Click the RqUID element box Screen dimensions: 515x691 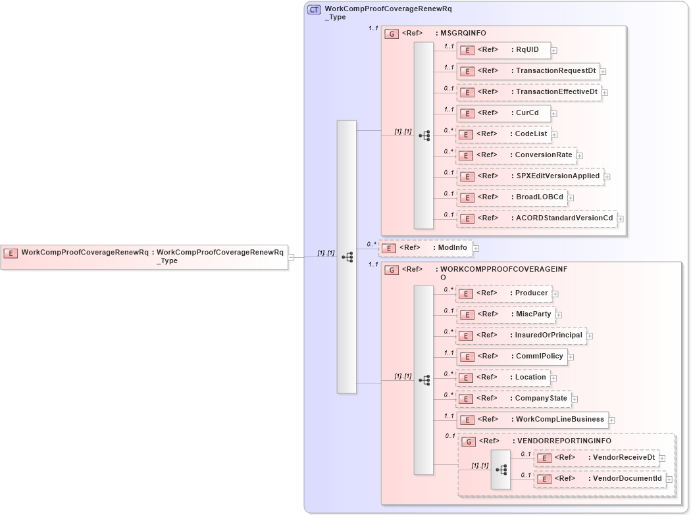pyautogui.click(x=503, y=50)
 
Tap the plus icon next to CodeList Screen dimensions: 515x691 pyautogui.click(x=554, y=135)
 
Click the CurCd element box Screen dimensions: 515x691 pyautogui.click(x=503, y=113)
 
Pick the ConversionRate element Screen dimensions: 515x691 pyautogui.click(x=517, y=155)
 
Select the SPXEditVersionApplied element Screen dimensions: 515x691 pyautogui.click(x=530, y=176)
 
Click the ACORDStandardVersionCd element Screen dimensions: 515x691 pyautogui.click(x=537, y=218)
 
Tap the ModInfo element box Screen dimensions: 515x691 pyautogui.click(x=426, y=248)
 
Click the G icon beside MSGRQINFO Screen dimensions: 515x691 pyautogui.click(x=392, y=34)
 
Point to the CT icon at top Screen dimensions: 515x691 pyautogui.click(x=315, y=10)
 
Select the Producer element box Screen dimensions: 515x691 pyautogui.click(x=503, y=293)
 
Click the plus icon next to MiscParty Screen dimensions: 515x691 pyautogui.click(x=559, y=315)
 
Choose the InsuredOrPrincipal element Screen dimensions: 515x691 pyautogui.click(x=521, y=335)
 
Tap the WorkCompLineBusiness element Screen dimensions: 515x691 pyautogui.click(x=532, y=420)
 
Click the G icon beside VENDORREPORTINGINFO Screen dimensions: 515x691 pyautogui.click(x=468, y=442)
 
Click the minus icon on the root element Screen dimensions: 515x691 pyautogui.click(x=291, y=257)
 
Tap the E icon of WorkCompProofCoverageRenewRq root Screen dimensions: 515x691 pyautogui.click(x=11, y=253)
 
